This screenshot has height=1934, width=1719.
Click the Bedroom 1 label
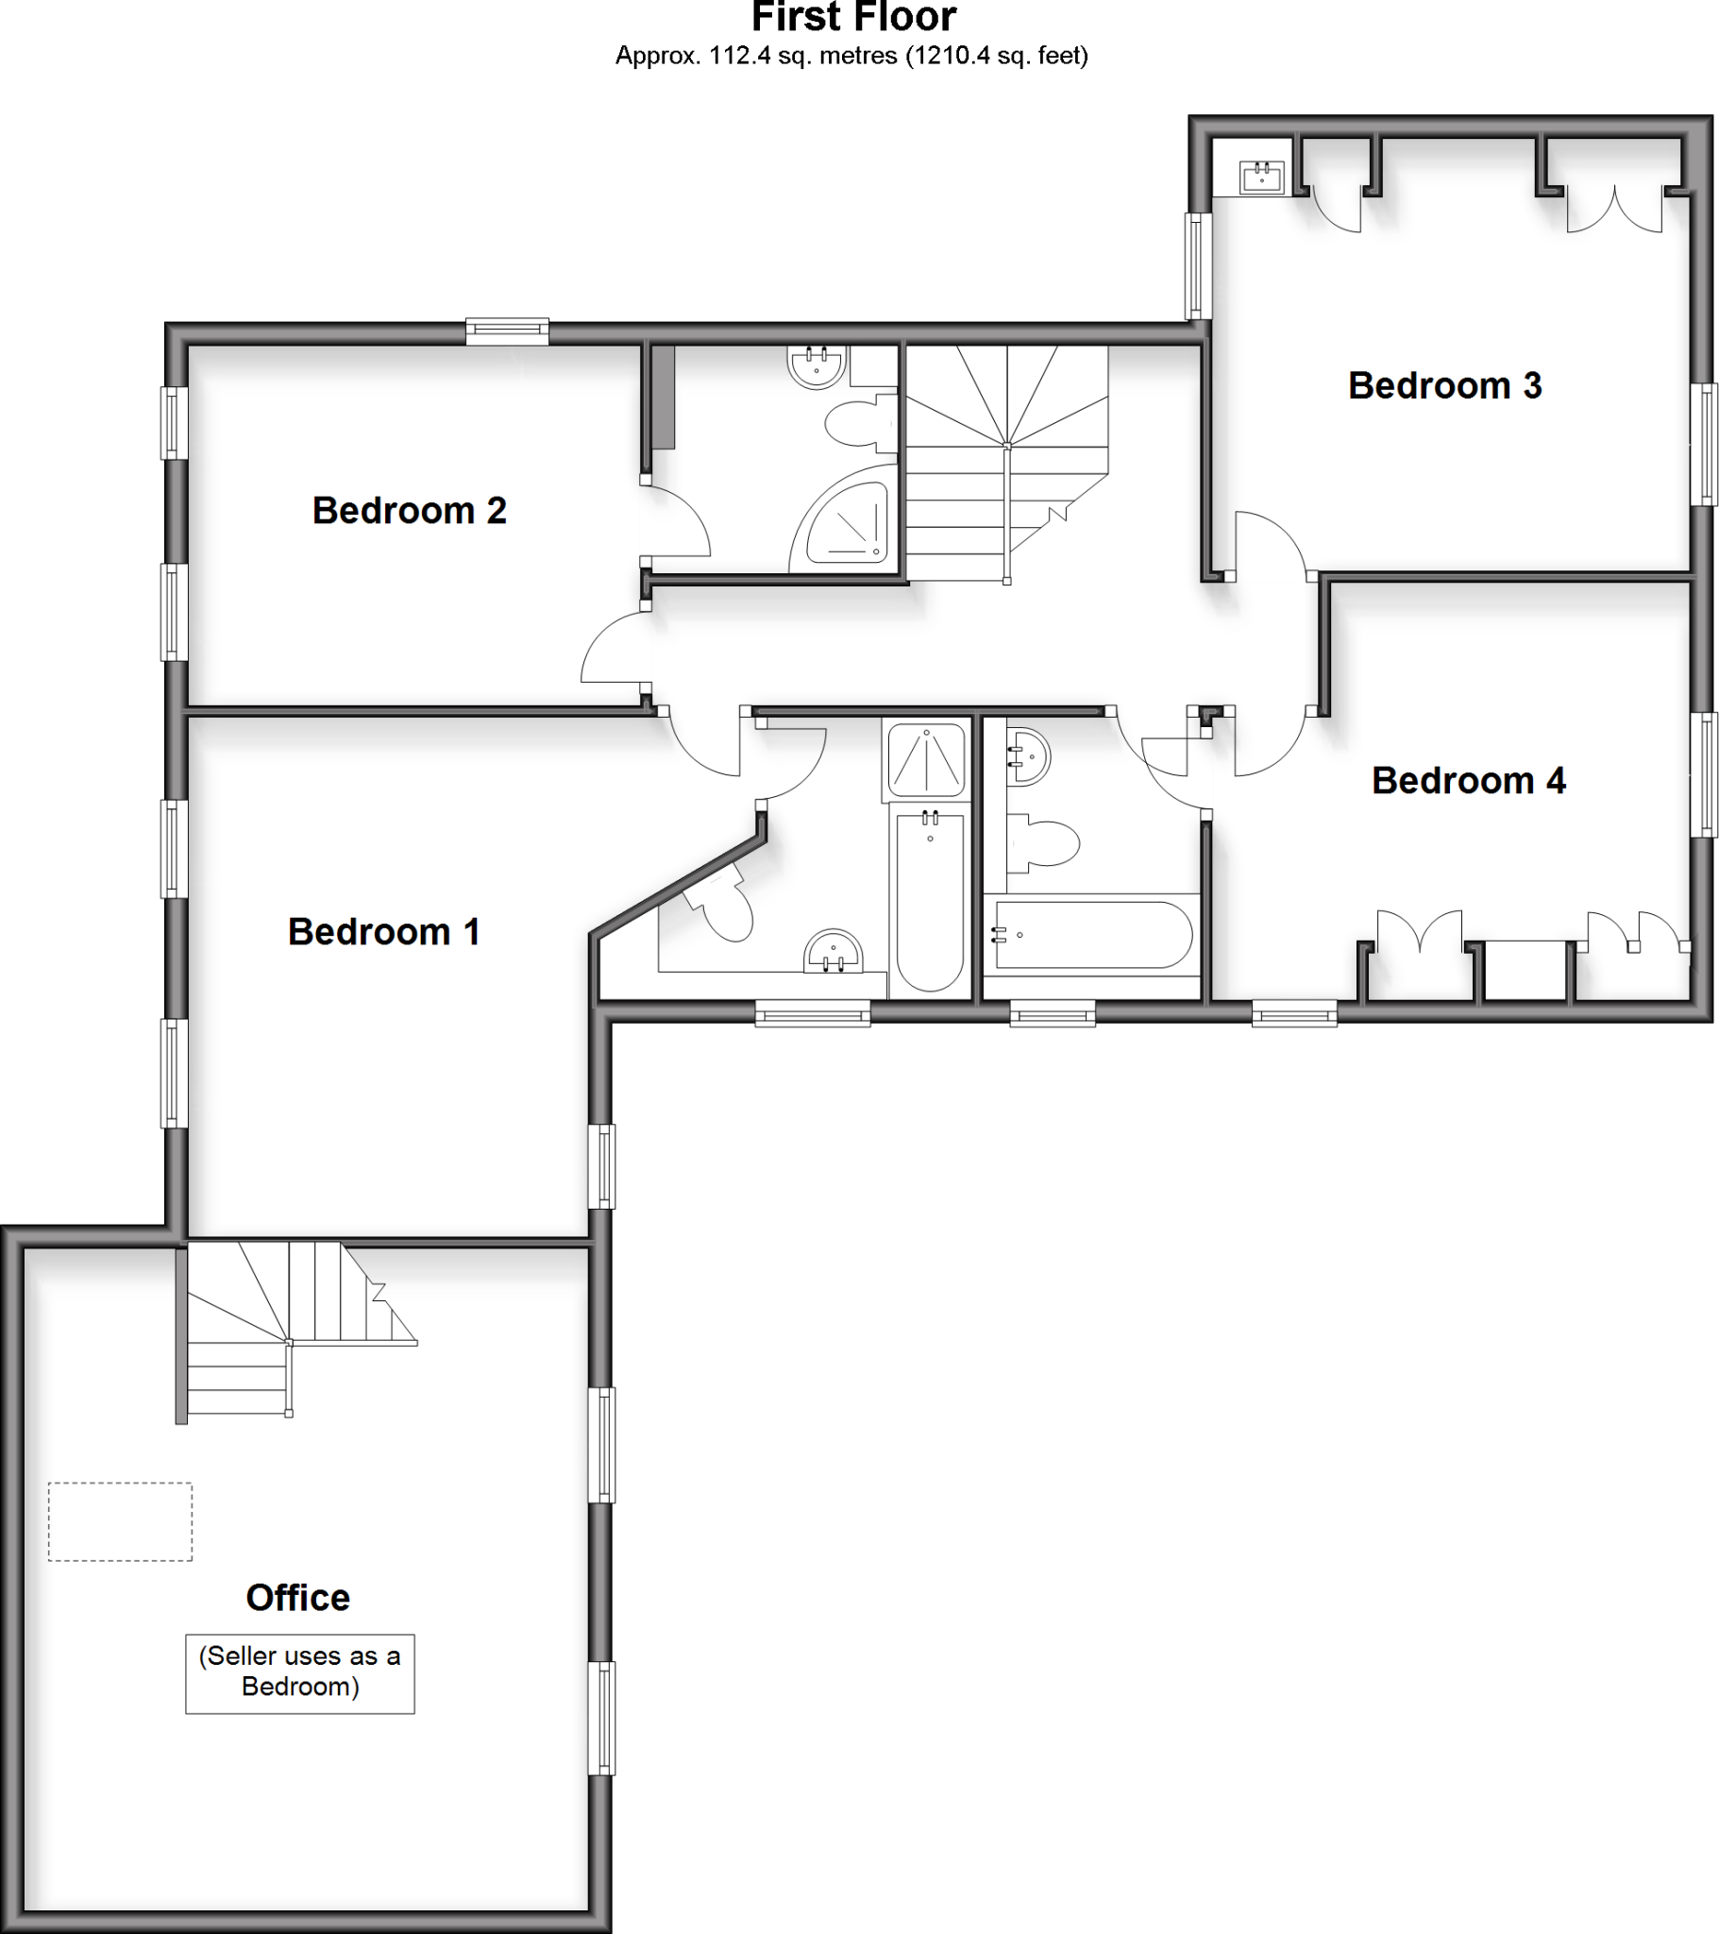tap(384, 932)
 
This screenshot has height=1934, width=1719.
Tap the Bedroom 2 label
tap(409, 511)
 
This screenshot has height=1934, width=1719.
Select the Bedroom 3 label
tap(1444, 386)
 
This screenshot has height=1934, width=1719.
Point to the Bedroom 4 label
tap(1468, 781)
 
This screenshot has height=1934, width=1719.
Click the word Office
tap(298, 1598)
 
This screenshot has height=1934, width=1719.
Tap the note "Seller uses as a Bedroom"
tap(300, 1671)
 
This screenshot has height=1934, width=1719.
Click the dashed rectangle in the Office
tap(120, 1521)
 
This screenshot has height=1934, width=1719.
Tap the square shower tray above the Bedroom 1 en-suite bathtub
tap(927, 760)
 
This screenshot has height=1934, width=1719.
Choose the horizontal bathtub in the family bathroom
tap(1092, 935)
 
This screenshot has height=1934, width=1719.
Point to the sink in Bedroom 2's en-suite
tap(817, 366)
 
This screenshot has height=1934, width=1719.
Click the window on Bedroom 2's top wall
tap(507, 331)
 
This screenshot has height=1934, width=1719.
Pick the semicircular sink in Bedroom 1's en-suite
tap(834, 951)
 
